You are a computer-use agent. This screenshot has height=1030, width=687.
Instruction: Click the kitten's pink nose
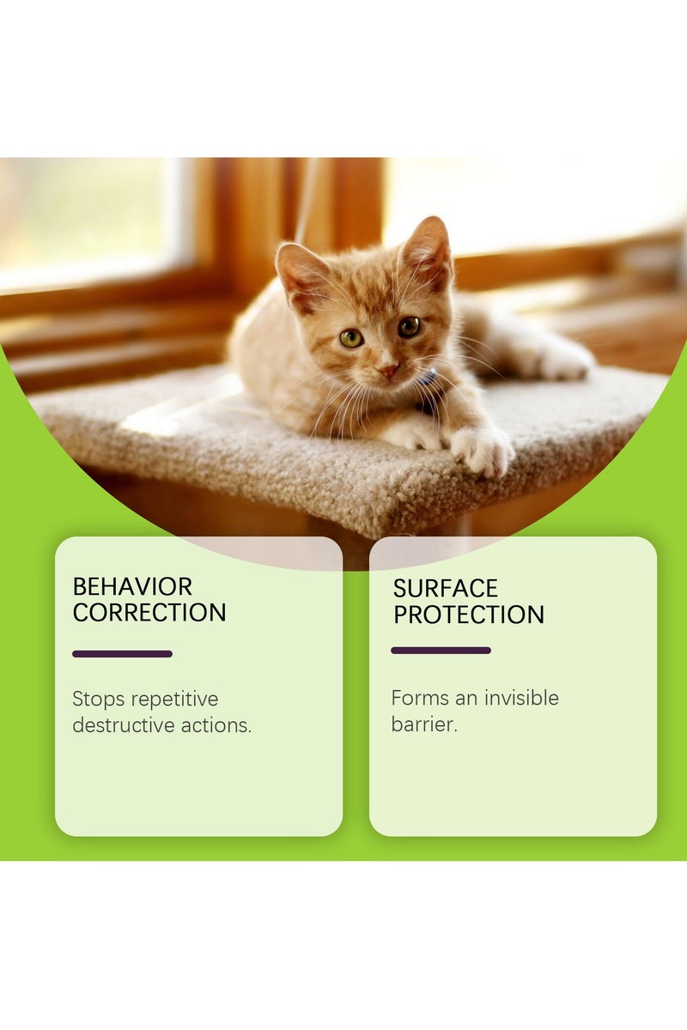coord(388,370)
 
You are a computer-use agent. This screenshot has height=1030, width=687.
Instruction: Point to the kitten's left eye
coord(350,337)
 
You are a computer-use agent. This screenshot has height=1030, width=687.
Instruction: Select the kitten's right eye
coord(409,326)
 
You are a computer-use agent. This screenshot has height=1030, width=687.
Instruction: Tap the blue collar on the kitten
coord(427,379)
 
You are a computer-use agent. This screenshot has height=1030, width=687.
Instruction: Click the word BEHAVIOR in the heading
coord(132,587)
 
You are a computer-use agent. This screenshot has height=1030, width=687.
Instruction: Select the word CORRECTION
coord(149,613)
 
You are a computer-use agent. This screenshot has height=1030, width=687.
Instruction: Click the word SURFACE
coord(446,589)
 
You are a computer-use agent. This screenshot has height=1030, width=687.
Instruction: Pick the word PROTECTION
coord(469,615)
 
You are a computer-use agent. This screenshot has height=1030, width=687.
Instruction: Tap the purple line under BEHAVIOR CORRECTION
coord(122,654)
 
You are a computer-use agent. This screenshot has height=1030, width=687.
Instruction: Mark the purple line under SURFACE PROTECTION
coord(441,651)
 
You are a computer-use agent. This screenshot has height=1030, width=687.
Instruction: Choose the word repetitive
coord(174,700)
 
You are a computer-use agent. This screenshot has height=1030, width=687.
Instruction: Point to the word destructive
coord(124,725)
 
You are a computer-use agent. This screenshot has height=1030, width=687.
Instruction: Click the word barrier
coord(423,724)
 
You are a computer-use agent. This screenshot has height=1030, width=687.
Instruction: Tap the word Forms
coord(420,698)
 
